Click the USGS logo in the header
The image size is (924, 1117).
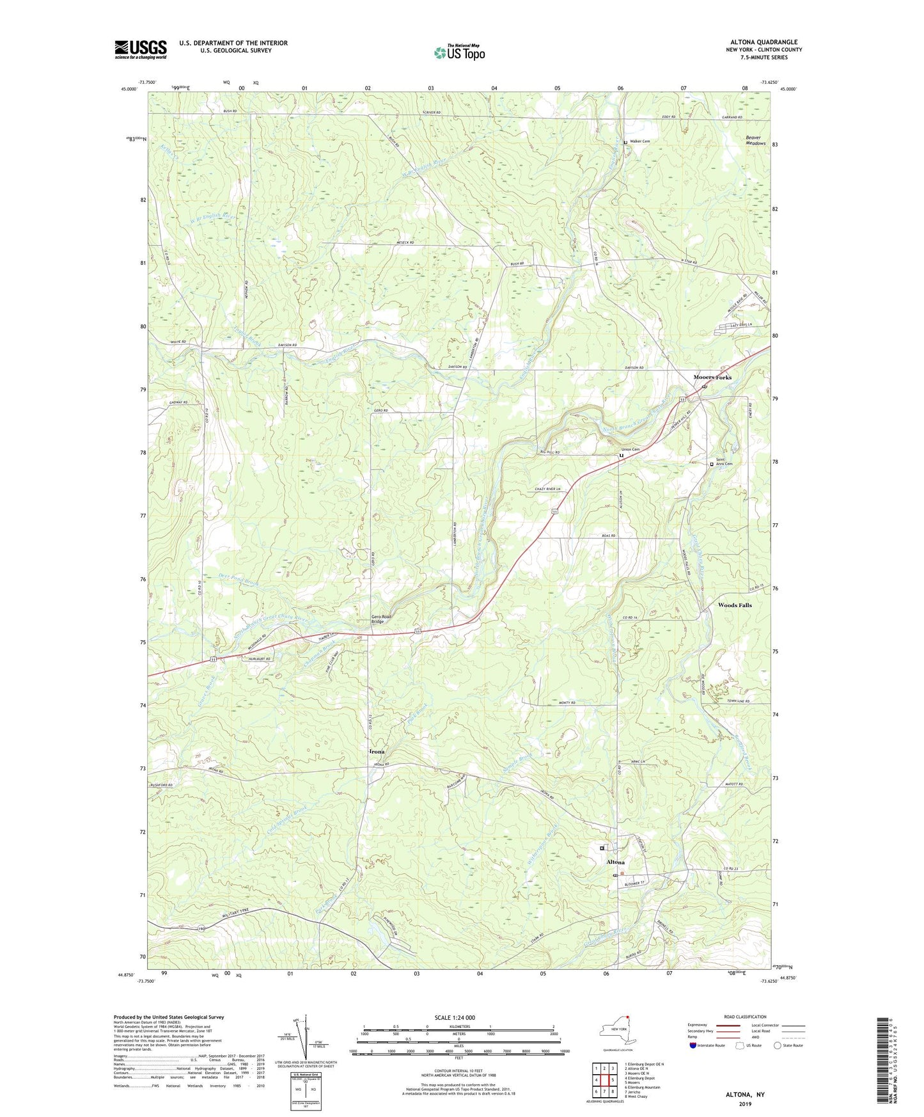(x=141, y=49)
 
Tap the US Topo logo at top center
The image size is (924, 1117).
(x=458, y=52)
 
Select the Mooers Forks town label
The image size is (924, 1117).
(x=712, y=377)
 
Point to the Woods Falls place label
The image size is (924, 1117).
(x=735, y=605)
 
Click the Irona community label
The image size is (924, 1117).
(x=377, y=751)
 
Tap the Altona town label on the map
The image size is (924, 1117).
(x=615, y=862)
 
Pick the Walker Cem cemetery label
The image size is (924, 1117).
(x=639, y=141)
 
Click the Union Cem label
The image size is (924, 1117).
(x=630, y=450)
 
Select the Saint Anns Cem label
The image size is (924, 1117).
(x=724, y=463)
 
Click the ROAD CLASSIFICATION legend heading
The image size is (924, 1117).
(x=745, y=1017)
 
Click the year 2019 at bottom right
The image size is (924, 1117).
(x=745, y=1104)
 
